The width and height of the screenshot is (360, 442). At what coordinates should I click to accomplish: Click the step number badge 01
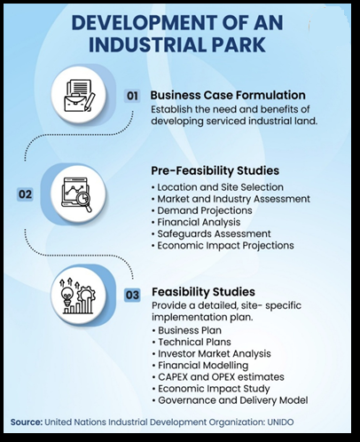132,96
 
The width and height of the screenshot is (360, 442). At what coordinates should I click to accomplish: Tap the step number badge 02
25,194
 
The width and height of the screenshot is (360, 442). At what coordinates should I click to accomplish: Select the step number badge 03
132,295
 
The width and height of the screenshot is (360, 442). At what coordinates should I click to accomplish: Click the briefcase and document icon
79,95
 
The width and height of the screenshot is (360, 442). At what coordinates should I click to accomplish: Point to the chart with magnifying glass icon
78,193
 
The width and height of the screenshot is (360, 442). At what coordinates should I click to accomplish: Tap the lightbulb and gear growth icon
78,296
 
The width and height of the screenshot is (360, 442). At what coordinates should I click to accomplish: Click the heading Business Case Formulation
228,95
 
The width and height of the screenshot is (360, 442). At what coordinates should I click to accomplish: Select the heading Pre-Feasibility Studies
215,170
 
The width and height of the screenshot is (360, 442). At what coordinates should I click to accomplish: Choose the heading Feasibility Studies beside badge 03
203,292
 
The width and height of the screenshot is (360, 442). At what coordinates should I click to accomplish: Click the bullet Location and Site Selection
217,187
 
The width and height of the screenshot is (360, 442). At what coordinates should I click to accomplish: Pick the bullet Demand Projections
202,210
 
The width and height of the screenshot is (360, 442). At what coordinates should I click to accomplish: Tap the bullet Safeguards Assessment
211,233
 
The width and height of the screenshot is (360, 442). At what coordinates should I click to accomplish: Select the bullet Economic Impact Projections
223,246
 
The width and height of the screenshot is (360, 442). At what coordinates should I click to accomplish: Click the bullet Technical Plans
192,342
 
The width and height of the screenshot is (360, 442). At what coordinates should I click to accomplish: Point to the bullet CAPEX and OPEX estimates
218,377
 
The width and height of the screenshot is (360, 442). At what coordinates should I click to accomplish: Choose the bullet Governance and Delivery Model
231,400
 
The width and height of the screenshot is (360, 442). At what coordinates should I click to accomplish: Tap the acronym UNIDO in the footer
280,422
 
